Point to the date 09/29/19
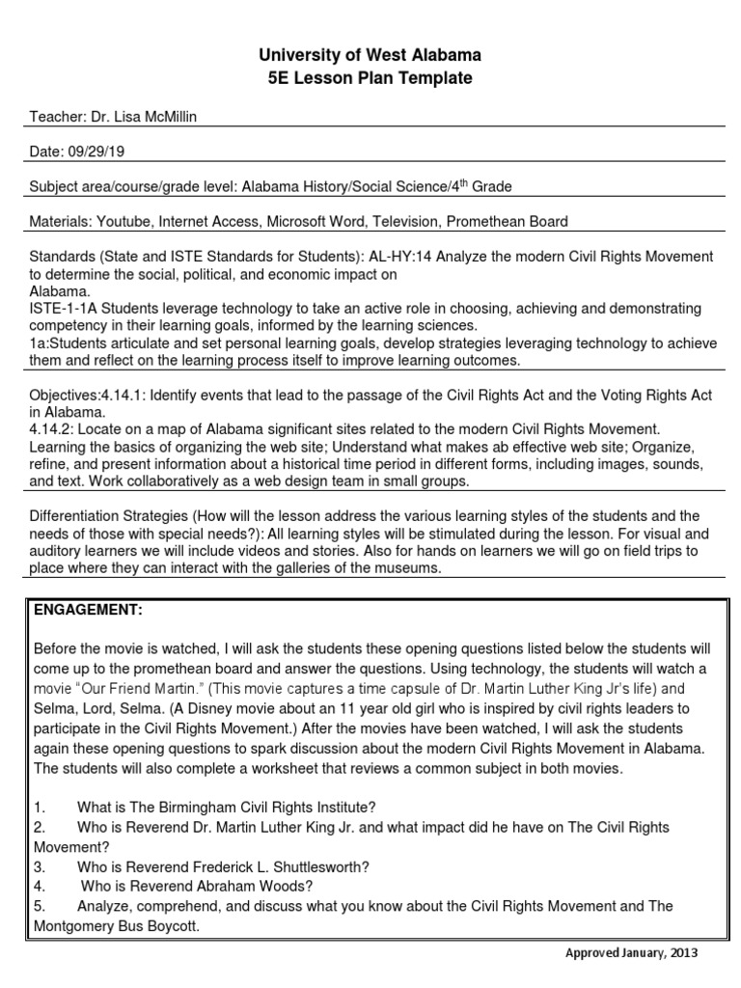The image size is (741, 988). point(96,151)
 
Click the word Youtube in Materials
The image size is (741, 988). point(123,221)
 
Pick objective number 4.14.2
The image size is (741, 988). point(54,428)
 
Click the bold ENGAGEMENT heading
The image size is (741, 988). point(88,610)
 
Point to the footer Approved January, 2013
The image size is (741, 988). point(629,953)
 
